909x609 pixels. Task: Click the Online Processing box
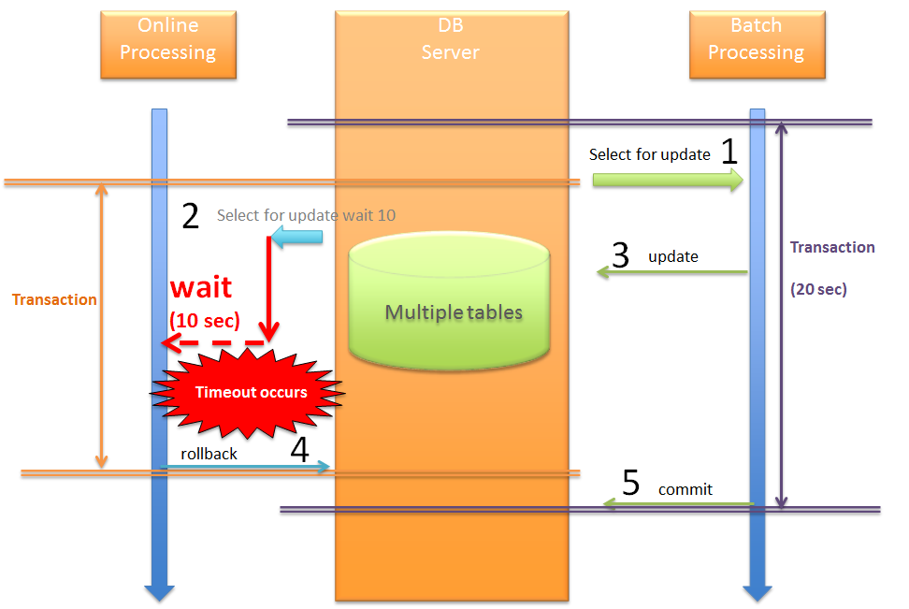pyautogui.click(x=168, y=44)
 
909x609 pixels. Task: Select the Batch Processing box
pyautogui.click(x=756, y=44)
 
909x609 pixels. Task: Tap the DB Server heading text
pyautogui.click(x=451, y=40)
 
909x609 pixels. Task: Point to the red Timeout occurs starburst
pyautogui.click(x=250, y=392)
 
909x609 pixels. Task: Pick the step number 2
pyautogui.click(x=190, y=216)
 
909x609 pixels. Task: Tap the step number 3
pyautogui.click(x=621, y=255)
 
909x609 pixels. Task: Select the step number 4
pyautogui.click(x=299, y=450)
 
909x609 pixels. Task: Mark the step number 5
pyautogui.click(x=631, y=483)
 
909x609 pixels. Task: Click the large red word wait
pyautogui.click(x=200, y=286)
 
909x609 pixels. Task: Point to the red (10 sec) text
pyautogui.click(x=204, y=320)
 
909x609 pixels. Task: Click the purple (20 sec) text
pyautogui.click(x=818, y=290)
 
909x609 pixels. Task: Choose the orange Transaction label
pyautogui.click(x=54, y=299)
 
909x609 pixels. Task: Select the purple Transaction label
pyautogui.click(x=832, y=247)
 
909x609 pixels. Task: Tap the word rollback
pyautogui.click(x=209, y=454)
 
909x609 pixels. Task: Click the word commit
pyautogui.click(x=685, y=489)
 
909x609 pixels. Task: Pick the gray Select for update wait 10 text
pyautogui.click(x=306, y=215)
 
